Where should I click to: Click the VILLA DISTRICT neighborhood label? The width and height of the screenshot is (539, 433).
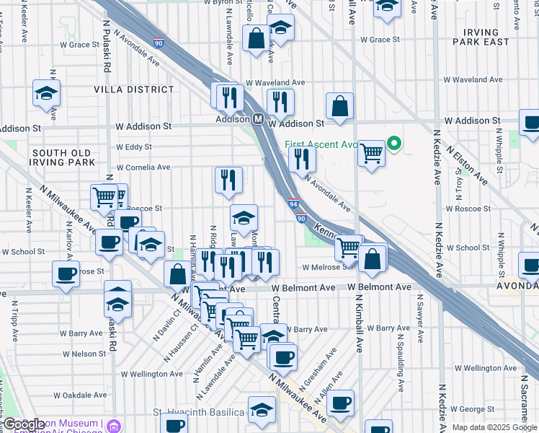point(133,89)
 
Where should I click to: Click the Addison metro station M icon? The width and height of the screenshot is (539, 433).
point(257,119)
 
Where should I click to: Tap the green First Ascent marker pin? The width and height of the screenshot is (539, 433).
point(393,144)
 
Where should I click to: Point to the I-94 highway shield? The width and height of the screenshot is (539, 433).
point(294,207)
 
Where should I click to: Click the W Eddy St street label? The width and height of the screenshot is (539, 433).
point(135,147)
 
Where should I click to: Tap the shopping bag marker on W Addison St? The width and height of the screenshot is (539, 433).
point(339,107)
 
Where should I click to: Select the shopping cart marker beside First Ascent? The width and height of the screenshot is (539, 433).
point(371,153)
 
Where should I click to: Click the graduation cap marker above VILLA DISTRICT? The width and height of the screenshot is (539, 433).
point(46,94)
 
